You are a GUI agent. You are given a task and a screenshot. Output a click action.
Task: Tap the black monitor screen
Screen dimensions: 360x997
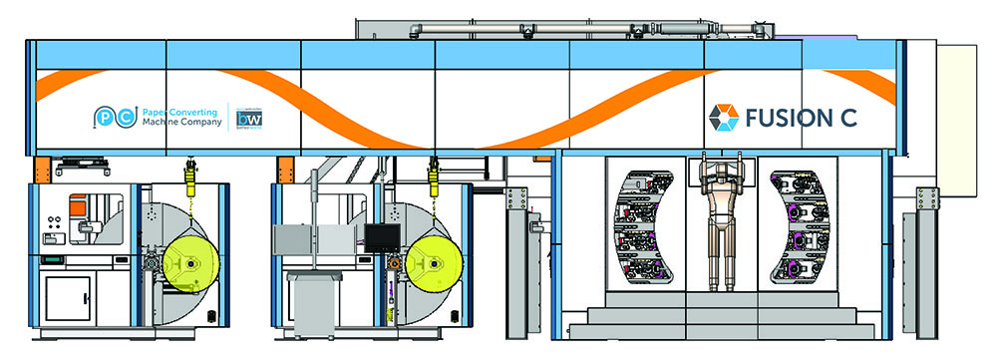coord(380,237)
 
